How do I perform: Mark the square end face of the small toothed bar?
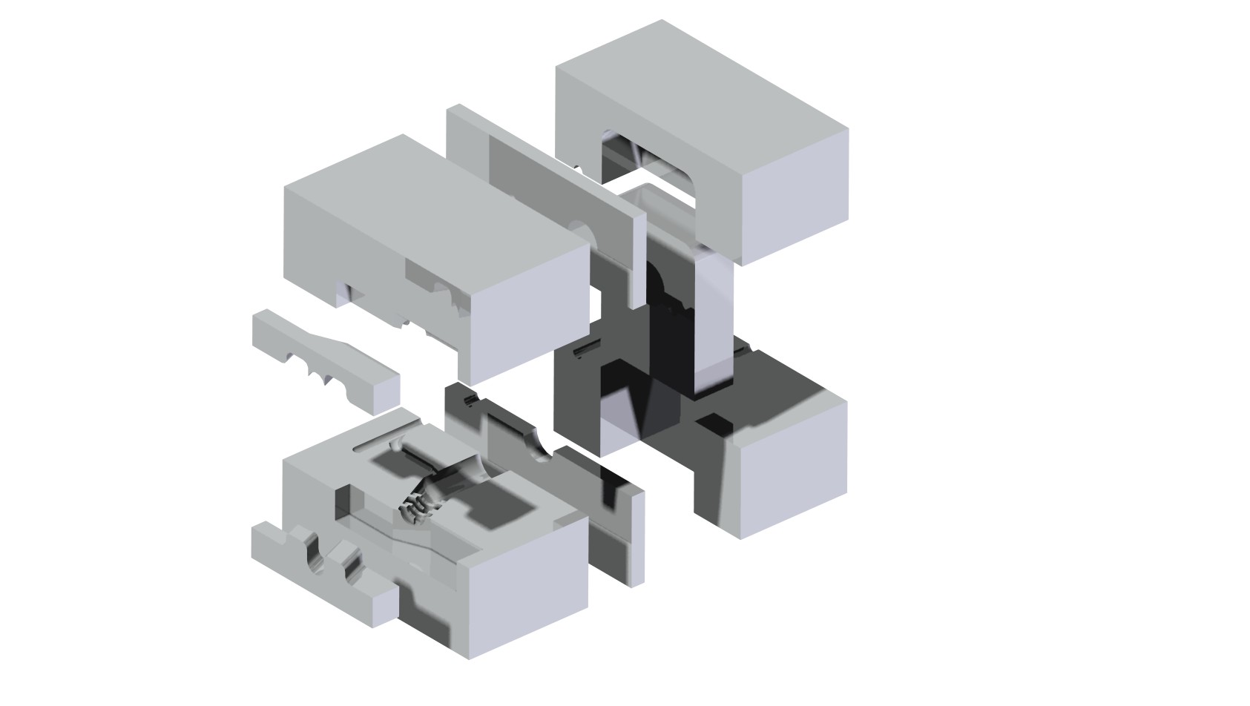point(385,393)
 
